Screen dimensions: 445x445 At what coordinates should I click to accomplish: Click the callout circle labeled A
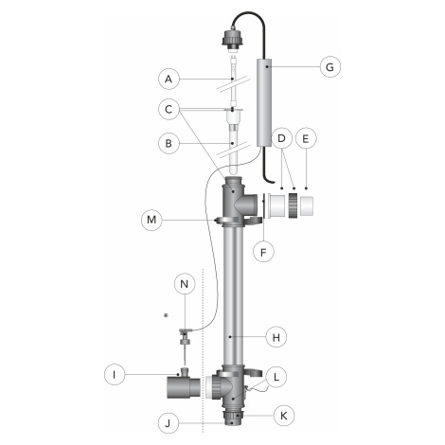pyautogui.click(x=169, y=79)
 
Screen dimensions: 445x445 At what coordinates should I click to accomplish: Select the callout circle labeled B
pyautogui.click(x=169, y=144)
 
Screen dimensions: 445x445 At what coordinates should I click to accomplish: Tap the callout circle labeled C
pyautogui.click(x=169, y=110)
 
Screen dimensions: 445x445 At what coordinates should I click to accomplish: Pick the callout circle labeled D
pyautogui.click(x=281, y=138)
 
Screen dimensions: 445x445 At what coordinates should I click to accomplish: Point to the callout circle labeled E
pyautogui.click(x=306, y=138)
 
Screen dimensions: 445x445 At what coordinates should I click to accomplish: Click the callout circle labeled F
pyautogui.click(x=263, y=252)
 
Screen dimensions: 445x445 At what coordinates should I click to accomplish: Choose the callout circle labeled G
pyautogui.click(x=330, y=67)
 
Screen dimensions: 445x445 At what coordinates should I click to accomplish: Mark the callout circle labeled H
pyautogui.click(x=276, y=337)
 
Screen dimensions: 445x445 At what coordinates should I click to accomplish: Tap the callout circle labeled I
pyautogui.click(x=115, y=375)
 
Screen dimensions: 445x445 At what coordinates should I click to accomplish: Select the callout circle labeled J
pyautogui.click(x=169, y=423)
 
